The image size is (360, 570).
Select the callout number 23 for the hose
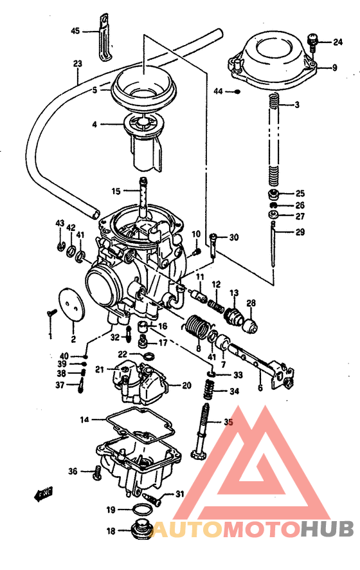coord(78,64)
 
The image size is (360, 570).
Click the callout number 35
coord(229,423)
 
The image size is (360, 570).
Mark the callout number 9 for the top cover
coord(334,68)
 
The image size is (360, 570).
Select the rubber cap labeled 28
coord(250,320)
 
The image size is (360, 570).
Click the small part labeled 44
coord(238,92)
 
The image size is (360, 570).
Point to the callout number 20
coord(186,386)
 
